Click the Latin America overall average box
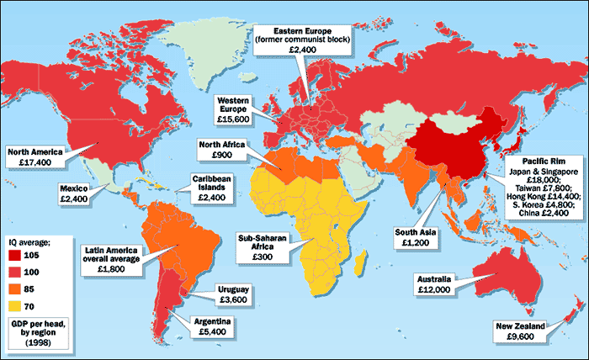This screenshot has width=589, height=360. click(x=116, y=258)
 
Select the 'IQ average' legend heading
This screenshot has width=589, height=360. click(x=32, y=241)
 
